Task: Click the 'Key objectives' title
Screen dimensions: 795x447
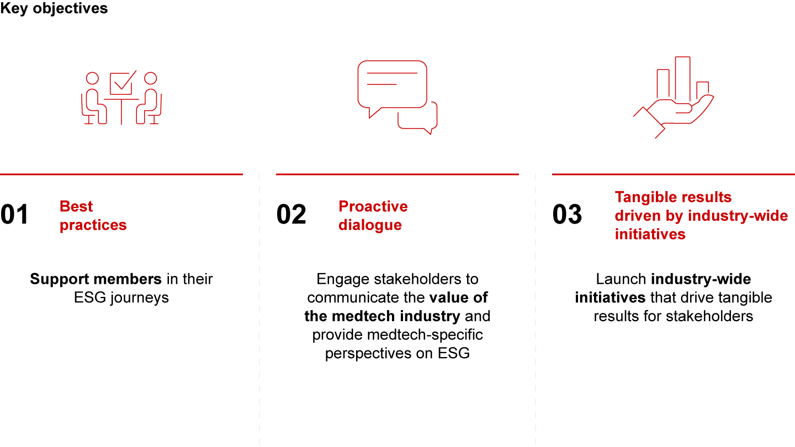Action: pyautogui.click(x=54, y=8)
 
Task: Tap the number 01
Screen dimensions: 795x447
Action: pyautogui.click(x=14, y=214)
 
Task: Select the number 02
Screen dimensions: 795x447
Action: pyautogui.click(x=291, y=214)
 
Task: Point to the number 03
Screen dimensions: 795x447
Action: pyautogui.click(x=567, y=214)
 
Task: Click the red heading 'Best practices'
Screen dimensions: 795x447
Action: pyautogui.click(x=93, y=216)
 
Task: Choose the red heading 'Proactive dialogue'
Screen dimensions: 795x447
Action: pyautogui.click(x=373, y=216)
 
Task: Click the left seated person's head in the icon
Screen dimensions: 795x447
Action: pyautogui.click(x=92, y=78)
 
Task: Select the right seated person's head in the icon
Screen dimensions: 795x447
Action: pyautogui.click(x=151, y=78)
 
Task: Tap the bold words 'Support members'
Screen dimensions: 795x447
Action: pyautogui.click(x=96, y=279)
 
